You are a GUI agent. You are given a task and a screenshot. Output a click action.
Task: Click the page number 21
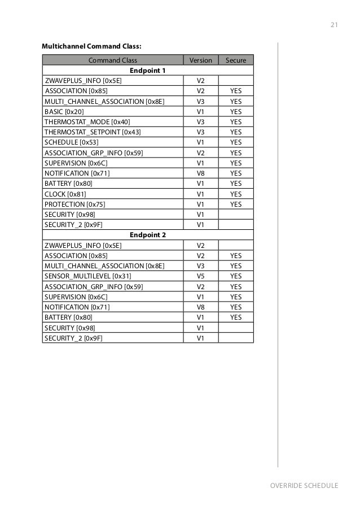point(333,25)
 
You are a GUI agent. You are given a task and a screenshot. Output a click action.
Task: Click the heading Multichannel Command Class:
point(91,46)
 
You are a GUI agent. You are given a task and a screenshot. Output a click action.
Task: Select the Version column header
point(200,60)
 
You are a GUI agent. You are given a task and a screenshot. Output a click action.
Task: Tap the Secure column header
point(236,60)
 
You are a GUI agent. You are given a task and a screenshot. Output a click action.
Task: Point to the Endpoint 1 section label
point(148,71)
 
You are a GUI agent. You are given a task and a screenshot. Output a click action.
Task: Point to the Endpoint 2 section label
point(148,235)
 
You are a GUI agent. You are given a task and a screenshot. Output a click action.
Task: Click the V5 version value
point(200,276)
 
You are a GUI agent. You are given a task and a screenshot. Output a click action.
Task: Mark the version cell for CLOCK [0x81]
point(200,194)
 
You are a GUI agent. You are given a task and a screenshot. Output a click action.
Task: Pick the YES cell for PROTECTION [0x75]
point(236,204)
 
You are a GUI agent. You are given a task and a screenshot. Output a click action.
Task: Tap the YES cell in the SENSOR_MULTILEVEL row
point(236,276)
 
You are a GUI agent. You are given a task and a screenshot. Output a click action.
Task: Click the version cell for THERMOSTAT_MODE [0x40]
point(200,122)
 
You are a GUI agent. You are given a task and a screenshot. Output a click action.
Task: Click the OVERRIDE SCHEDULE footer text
point(304,486)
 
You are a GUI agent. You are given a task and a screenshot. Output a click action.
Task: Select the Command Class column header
point(113,60)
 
